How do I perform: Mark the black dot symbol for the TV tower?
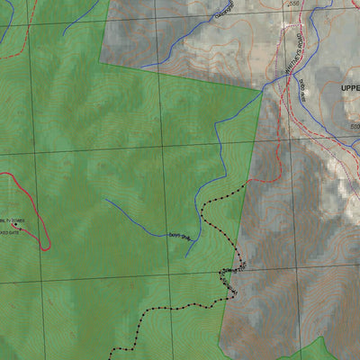click(x=13, y=225)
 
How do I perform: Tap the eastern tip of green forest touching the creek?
click(x=261, y=91)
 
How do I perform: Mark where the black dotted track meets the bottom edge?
click(x=112, y=357)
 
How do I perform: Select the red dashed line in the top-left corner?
click(x=27, y=40)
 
